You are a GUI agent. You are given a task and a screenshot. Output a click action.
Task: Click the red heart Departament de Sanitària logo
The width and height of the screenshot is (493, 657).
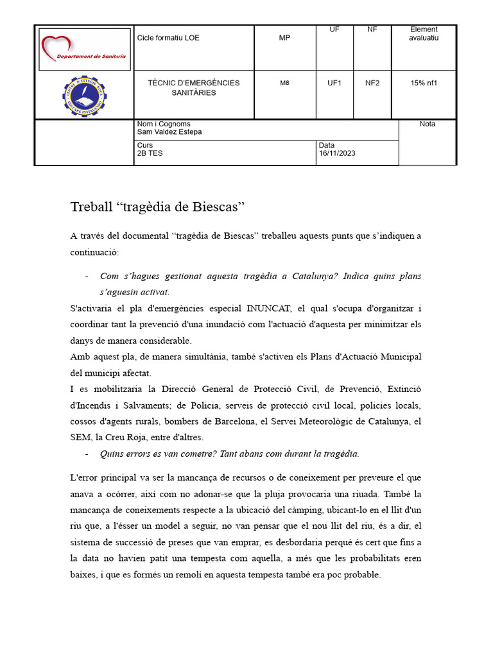point(83,49)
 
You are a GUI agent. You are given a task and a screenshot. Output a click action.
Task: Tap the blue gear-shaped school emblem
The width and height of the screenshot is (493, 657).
point(85,96)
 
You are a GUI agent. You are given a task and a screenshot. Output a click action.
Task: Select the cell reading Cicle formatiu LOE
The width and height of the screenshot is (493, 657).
point(168,38)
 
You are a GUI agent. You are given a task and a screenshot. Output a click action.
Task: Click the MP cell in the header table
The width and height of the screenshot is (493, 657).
point(284,38)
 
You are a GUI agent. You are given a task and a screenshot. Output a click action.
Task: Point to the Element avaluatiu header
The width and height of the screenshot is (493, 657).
point(423,33)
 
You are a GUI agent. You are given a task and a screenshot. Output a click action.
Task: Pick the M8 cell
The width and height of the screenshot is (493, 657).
point(284,83)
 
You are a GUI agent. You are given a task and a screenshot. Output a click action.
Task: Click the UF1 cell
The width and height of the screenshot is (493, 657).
point(334,83)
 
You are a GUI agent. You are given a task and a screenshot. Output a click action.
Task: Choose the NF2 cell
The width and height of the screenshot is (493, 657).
point(372,83)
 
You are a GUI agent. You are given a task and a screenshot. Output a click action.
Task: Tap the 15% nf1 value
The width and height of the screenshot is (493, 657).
point(423,83)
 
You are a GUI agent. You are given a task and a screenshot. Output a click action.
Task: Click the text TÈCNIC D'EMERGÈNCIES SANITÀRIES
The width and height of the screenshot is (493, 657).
point(193,88)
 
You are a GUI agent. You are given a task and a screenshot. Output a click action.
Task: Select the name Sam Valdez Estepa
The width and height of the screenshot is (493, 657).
point(169,132)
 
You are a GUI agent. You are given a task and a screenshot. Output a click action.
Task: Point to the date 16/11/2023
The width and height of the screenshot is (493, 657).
point(337,153)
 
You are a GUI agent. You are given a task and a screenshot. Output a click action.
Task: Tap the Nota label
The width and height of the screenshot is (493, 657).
point(427,124)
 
